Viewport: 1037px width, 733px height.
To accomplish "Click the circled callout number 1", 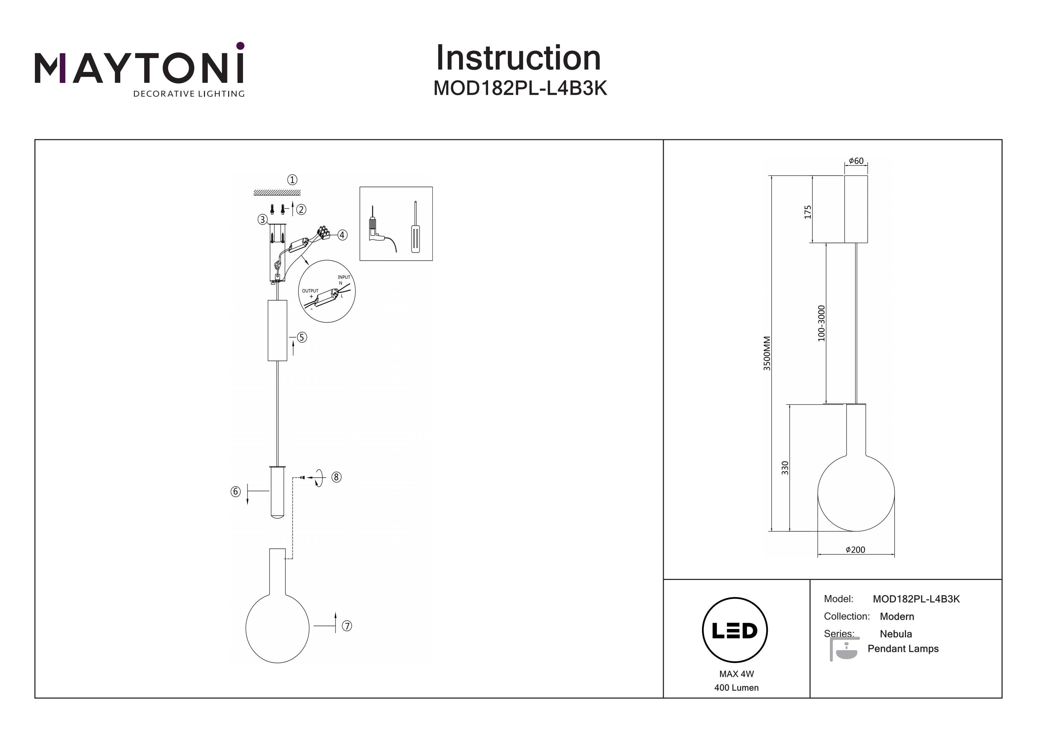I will coord(292,180).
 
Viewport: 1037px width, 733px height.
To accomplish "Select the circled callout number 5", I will coord(302,337).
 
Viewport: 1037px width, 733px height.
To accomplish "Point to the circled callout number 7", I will coord(347,626).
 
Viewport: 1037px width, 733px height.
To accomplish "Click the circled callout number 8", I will coord(336,477).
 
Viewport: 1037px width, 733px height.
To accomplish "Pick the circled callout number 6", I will coord(235,491).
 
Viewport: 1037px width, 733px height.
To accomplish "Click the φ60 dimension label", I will coord(856,161).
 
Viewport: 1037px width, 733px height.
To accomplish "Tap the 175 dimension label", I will coord(807,212).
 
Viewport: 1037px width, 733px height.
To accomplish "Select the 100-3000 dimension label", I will coord(821,323).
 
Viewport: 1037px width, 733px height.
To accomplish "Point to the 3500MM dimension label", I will coord(767,353).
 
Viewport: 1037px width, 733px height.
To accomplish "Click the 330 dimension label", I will coord(785,468).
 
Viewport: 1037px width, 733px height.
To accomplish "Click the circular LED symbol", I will coord(735,630).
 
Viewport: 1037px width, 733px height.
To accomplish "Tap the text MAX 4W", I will coord(737,674).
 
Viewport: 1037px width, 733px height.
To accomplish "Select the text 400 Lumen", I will coord(737,687).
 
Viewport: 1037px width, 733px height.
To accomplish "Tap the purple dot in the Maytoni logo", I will coord(240,46).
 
